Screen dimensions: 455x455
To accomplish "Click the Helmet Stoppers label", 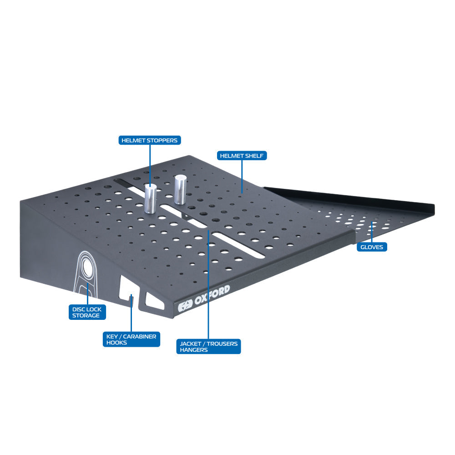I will tap(150, 141).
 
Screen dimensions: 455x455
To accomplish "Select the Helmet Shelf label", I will tap(241, 156).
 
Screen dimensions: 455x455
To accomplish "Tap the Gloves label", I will tap(372, 247).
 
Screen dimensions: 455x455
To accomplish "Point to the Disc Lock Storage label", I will tap(87, 312).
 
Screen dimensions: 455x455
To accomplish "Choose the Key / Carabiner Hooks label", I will tap(131, 339).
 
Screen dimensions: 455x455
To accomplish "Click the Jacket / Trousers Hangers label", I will tap(208, 347).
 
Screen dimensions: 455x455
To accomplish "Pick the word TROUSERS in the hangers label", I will tap(222, 344).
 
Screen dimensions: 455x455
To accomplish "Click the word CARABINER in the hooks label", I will tap(140, 336).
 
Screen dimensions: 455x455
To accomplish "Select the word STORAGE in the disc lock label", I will tap(86, 315).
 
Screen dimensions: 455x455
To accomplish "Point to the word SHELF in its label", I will tap(255, 156).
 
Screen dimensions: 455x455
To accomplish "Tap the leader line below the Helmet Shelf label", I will tap(241, 175).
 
